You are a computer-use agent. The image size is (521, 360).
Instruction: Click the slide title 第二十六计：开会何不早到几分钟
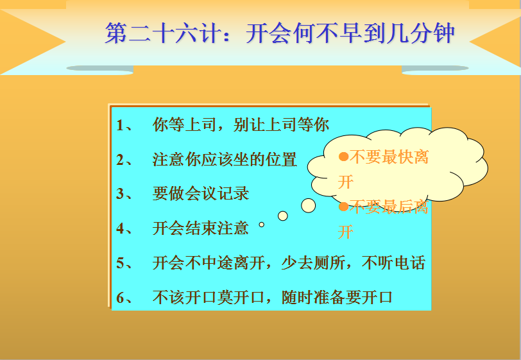point(280,33)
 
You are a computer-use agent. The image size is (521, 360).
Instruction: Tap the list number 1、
point(124,125)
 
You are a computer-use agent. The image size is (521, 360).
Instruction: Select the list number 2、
point(124,160)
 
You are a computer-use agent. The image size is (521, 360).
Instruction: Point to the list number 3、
point(124,194)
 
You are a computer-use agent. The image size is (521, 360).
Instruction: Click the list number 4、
point(124,228)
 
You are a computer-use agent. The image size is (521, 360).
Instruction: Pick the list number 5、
point(124,263)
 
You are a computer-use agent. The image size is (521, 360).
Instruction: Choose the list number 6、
point(124,298)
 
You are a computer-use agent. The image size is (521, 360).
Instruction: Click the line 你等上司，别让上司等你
point(241,125)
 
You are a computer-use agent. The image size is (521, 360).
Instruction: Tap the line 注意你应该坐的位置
point(225,160)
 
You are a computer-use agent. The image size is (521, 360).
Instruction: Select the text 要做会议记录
point(201,194)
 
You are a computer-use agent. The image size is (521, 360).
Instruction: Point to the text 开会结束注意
point(201,228)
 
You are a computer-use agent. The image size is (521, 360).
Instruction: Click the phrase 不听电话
point(393,262)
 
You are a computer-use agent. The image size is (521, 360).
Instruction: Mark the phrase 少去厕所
point(313,262)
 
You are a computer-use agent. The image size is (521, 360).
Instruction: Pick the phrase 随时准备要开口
point(337,297)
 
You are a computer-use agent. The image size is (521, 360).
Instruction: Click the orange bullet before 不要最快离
point(343,157)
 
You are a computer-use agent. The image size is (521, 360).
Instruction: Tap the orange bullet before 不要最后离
point(343,207)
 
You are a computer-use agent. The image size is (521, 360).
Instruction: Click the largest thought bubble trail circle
point(309,206)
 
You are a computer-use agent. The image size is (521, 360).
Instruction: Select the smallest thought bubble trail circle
point(262,225)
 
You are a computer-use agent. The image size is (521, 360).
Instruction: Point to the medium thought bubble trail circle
point(283,216)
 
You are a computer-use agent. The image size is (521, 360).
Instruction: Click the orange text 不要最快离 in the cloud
point(389,157)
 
